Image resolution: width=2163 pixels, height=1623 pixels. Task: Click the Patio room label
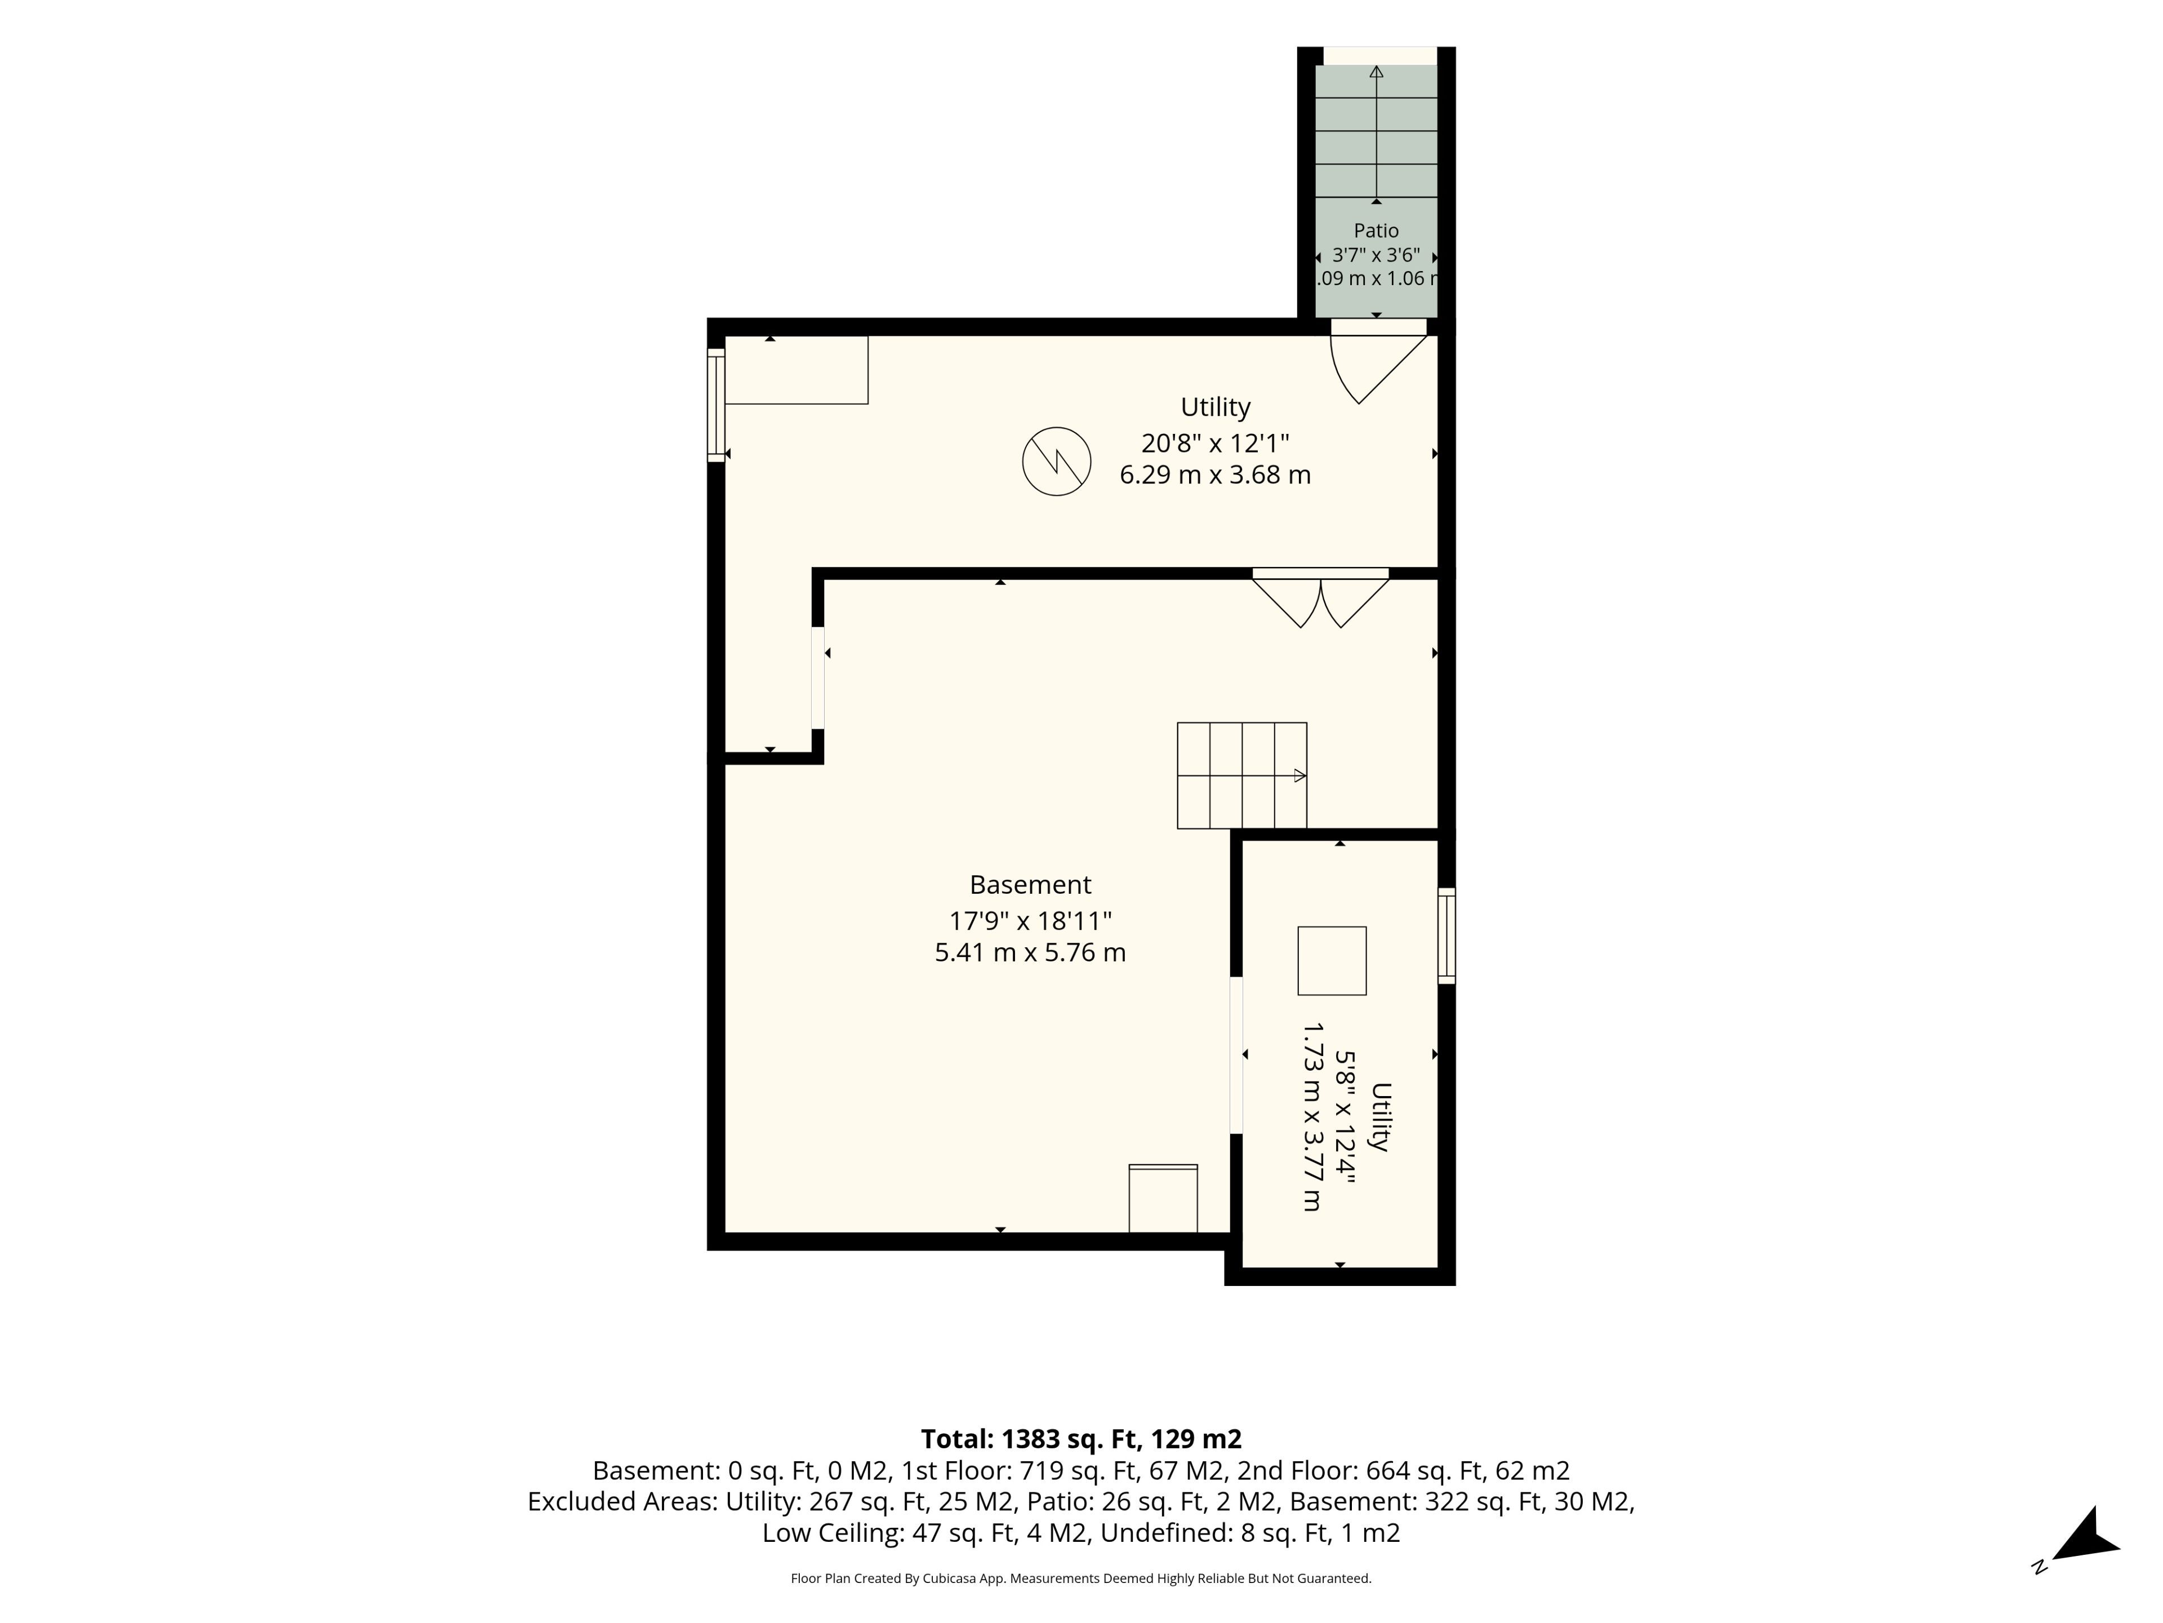[1376, 231]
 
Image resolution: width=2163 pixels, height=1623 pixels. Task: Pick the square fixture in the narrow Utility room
[1332, 961]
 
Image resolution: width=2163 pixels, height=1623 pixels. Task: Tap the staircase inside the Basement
[1242, 776]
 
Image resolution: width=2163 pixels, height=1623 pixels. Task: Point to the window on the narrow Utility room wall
[1447, 935]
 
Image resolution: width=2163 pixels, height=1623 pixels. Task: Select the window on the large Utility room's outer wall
[716, 405]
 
